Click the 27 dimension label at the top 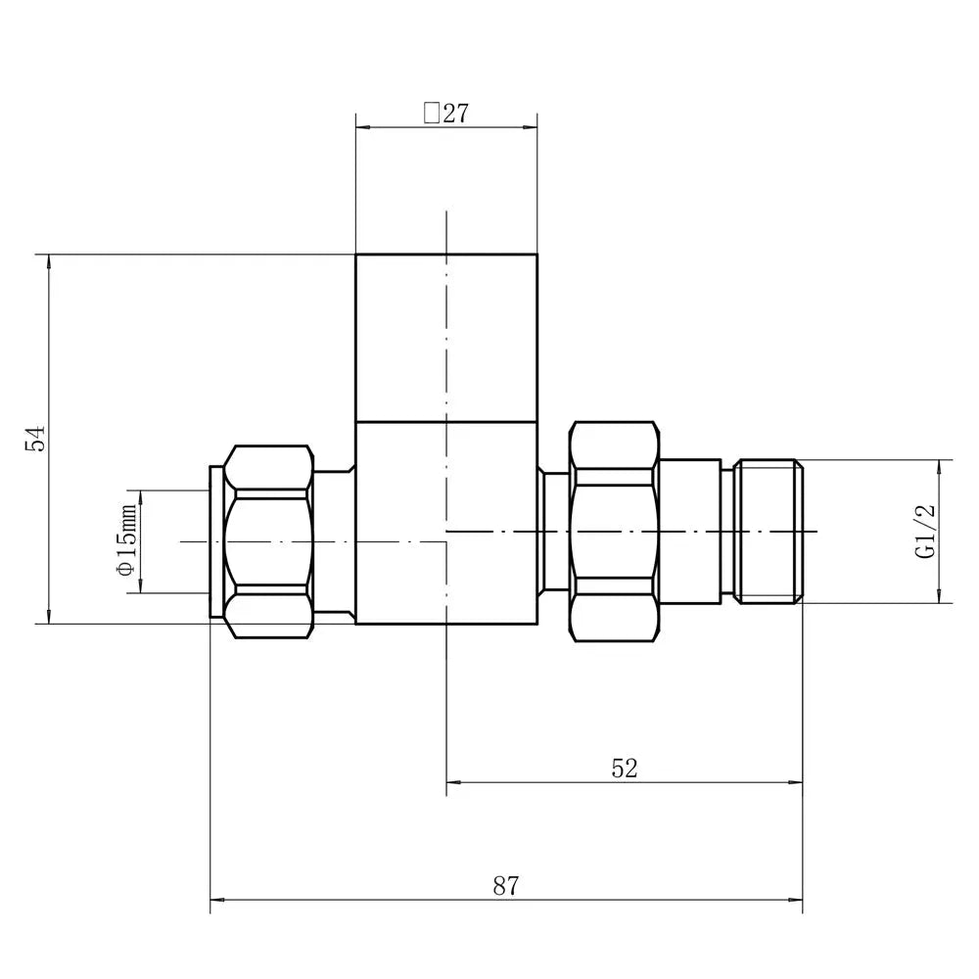pyautogui.click(x=455, y=114)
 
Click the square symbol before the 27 pyautogui.click(x=431, y=114)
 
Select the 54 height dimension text pyautogui.click(x=35, y=439)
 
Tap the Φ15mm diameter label pyautogui.click(x=125, y=541)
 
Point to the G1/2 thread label pyautogui.click(x=925, y=531)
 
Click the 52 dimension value pyautogui.click(x=624, y=768)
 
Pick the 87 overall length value pyautogui.click(x=505, y=887)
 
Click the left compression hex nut pyautogui.click(x=269, y=540)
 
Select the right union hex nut pyautogui.click(x=614, y=532)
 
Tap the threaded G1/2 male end pyautogui.click(x=769, y=531)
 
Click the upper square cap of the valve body pyautogui.click(x=446, y=338)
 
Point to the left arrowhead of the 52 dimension pyautogui.click(x=453, y=781)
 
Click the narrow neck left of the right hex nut pyautogui.click(x=555, y=532)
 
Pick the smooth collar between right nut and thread pyautogui.click(x=690, y=532)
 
